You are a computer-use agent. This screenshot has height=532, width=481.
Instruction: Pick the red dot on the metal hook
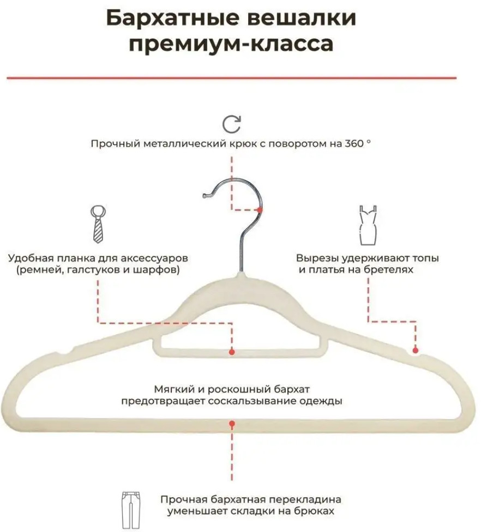pos(260,209)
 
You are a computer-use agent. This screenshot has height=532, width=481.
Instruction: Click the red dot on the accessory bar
pos(232,352)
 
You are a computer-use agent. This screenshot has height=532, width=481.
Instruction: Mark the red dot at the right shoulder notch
pos(415,350)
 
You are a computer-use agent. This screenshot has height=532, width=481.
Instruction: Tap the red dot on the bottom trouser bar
pos(232,422)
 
